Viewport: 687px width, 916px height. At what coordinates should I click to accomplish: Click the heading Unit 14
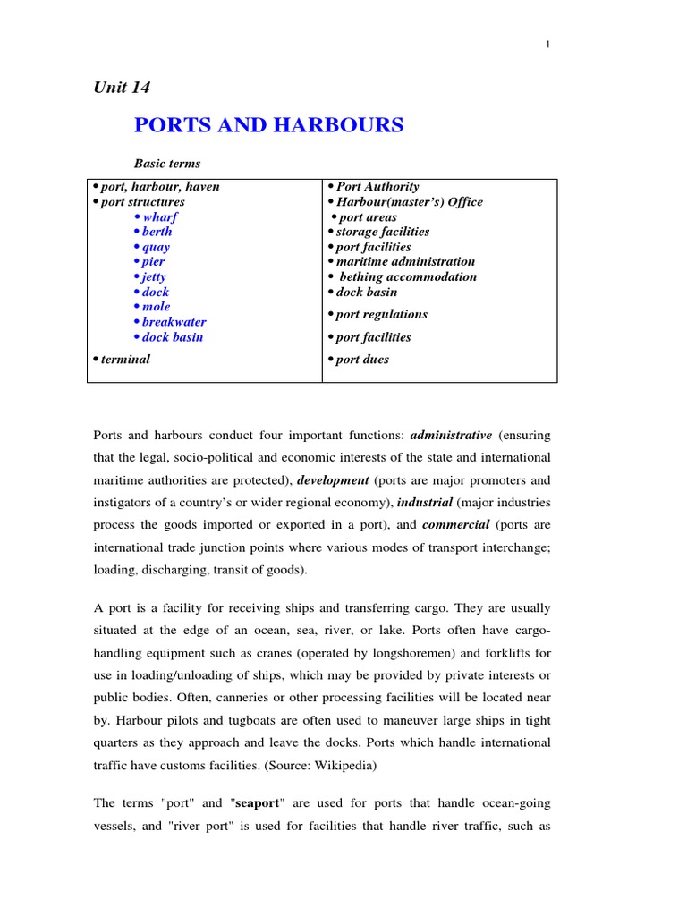[x=122, y=87]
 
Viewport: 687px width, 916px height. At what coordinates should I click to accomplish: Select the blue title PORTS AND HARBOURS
[x=268, y=125]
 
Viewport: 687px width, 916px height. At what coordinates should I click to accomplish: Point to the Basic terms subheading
[x=167, y=164]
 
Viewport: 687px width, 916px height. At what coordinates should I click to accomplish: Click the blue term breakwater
[x=174, y=322]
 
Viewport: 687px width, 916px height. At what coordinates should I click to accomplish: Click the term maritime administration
[x=405, y=262]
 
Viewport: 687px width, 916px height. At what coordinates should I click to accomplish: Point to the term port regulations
[x=382, y=315]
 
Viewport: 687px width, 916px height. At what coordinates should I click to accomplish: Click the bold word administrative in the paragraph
[x=451, y=436]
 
